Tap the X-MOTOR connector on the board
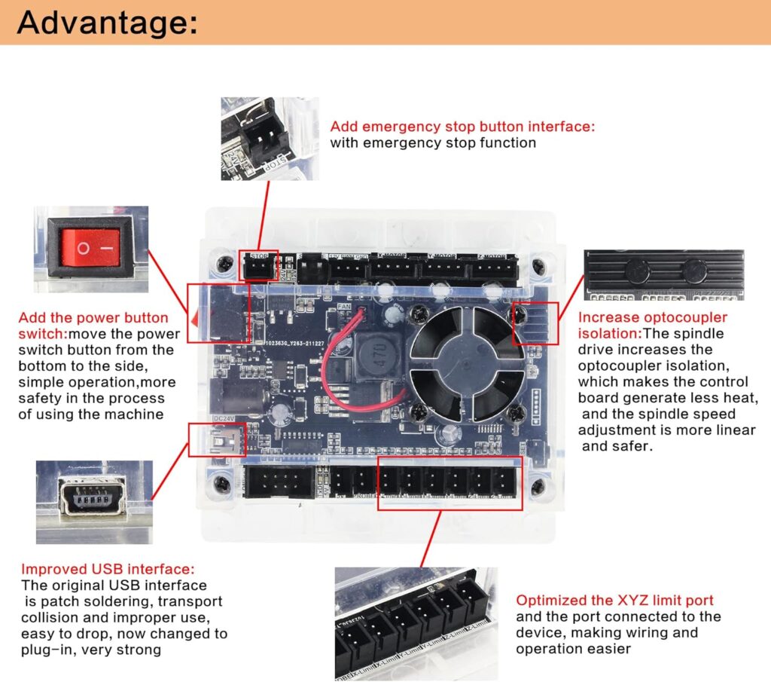click(389, 268)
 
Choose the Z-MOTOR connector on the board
click(492, 268)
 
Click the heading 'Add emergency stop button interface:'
click(462, 127)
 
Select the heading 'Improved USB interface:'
click(108, 569)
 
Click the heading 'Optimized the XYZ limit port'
click(614, 601)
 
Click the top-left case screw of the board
click(224, 263)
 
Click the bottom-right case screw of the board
click(537, 488)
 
